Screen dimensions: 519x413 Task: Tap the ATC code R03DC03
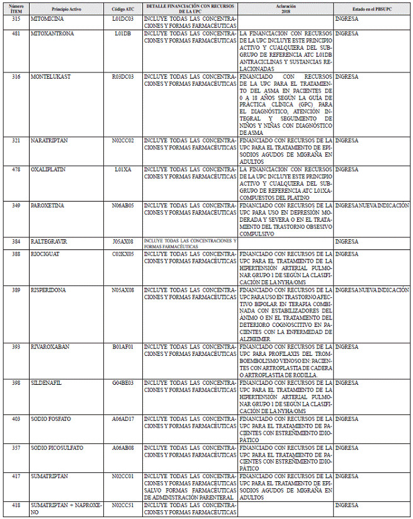[x=123, y=77]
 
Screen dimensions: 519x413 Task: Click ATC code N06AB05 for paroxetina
[x=123, y=205]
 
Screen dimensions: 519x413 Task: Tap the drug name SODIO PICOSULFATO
[x=57, y=447]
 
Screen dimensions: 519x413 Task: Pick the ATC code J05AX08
[x=123, y=241]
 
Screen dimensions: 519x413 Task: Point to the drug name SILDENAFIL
[x=46, y=382]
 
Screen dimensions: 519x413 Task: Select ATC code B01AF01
[x=123, y=347]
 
